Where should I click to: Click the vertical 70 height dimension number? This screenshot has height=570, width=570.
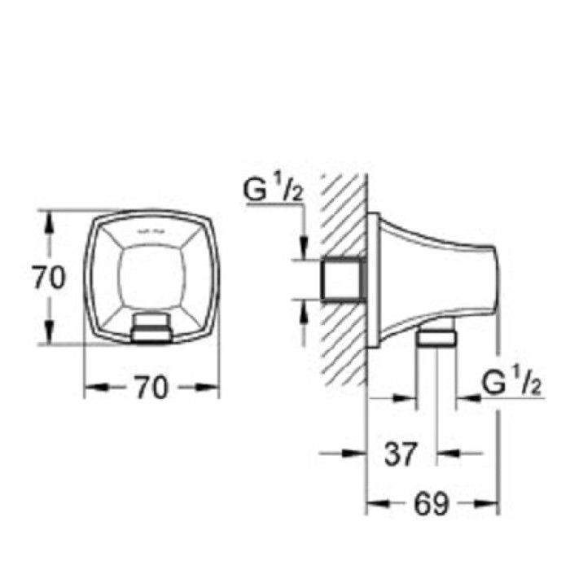(x=49, y=278)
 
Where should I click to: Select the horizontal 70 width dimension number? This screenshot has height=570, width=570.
(x=151, y=388)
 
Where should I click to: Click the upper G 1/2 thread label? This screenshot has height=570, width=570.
(x=273, y=193)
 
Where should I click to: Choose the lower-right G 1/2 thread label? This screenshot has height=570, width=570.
(x=512, y=380)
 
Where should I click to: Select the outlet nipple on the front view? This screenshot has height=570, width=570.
(x=151, y=327)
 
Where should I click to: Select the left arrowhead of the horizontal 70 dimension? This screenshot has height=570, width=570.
(x=92, y=388)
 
